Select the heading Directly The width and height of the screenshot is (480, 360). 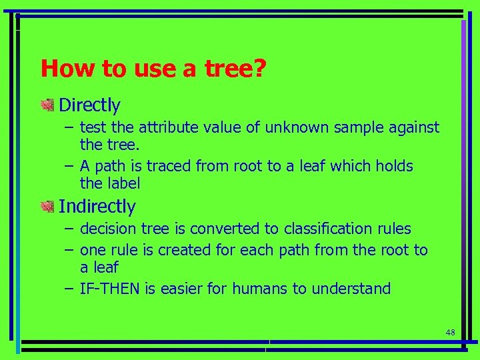point(89,105)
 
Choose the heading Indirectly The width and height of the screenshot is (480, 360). point(97,207)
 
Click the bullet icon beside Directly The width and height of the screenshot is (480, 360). point(47,105)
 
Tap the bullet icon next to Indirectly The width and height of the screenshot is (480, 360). point(47,207)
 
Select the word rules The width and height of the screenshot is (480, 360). point(395,229)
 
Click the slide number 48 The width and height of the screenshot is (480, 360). point(450,332)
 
